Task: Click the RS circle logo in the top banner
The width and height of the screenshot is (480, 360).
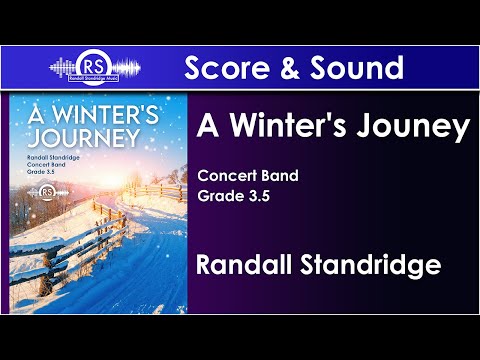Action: pos(94,67)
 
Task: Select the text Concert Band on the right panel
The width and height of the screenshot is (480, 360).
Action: pos(247,177)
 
